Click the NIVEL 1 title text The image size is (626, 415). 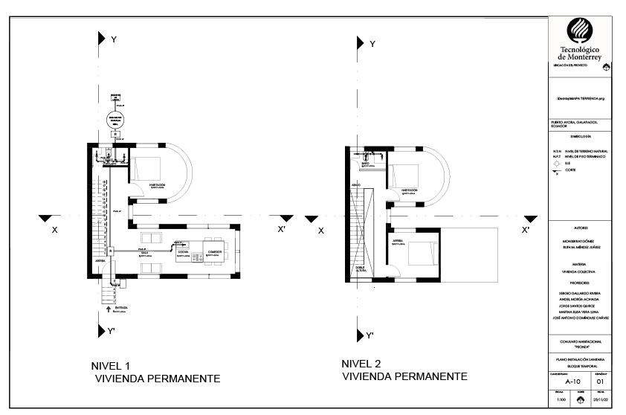pos(110,366)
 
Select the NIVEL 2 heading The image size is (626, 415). pos(361,364)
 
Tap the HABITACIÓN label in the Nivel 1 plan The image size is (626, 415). pos(157,185)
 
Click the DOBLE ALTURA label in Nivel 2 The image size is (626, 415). pos(361,269)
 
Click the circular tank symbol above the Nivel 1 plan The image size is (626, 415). pos(114,120)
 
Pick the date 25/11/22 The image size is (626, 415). pos(600,399)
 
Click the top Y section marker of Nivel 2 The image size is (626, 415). pos(362,43)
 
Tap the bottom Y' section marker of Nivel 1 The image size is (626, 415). pos(103,331)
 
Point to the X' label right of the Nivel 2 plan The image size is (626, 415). pos(526,230)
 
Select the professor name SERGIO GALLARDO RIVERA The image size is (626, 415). pos(579,294)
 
